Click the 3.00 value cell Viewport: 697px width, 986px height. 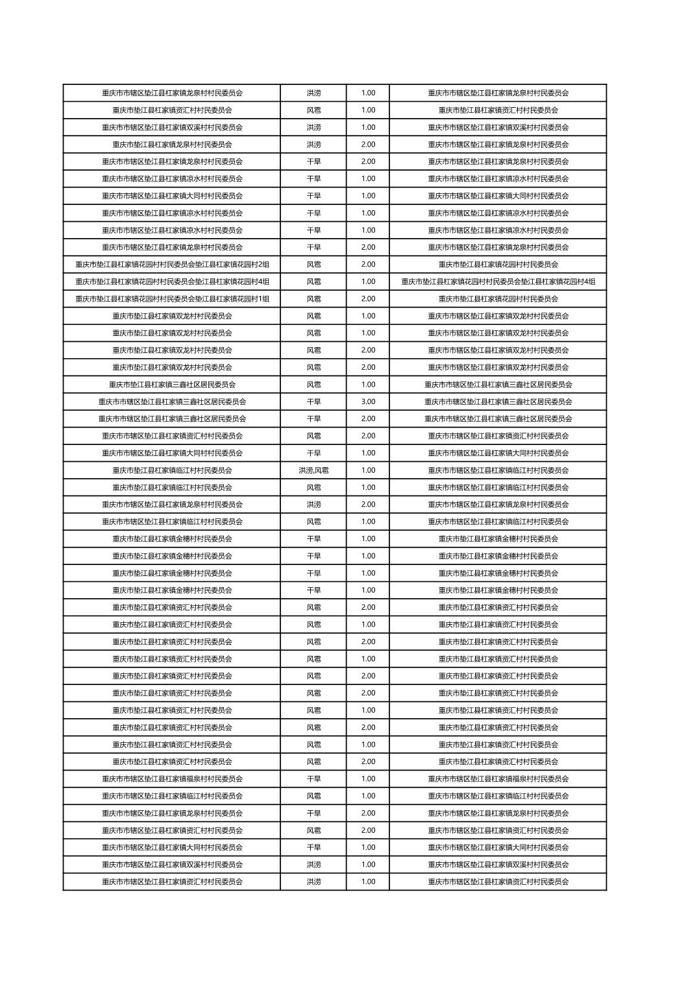click(x=368, y=402)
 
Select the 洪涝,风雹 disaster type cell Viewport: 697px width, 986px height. click(x=313, y=470)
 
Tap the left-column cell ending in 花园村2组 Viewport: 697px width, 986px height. click(x=172, y=265)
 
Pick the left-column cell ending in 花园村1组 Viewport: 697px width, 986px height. click(x=172, y=299)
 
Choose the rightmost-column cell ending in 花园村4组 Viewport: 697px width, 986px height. click(x=498, y=282)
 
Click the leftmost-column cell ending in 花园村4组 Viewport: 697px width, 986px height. click(x=172, y=282)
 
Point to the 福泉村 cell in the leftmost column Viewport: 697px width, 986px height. click(x=172, y=779)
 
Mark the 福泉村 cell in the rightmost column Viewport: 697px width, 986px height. click(x=498, y=779)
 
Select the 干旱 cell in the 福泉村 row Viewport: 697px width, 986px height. click(x=313, y=779)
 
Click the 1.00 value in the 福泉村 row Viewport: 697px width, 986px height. click(x=368, y=779)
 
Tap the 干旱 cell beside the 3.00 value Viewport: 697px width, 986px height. click(x=313, y=402)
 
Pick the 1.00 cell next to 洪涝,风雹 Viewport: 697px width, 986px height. click(x=368, y=470)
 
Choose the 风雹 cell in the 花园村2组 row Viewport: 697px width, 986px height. click(x=313, y=265)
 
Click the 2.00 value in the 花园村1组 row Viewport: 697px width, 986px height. click(x=368, y=299)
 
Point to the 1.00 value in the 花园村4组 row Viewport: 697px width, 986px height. click(x=368, y=282)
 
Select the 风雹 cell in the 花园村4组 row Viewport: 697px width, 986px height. click(x=313, y=282)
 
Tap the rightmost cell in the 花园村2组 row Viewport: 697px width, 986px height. click(x=498, y=265)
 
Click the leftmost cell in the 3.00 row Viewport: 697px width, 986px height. click(x=172, y=402)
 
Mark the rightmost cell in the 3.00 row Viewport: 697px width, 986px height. click(x=498, y=402)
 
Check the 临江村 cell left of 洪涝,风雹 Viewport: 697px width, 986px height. click(x=172, y=470)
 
